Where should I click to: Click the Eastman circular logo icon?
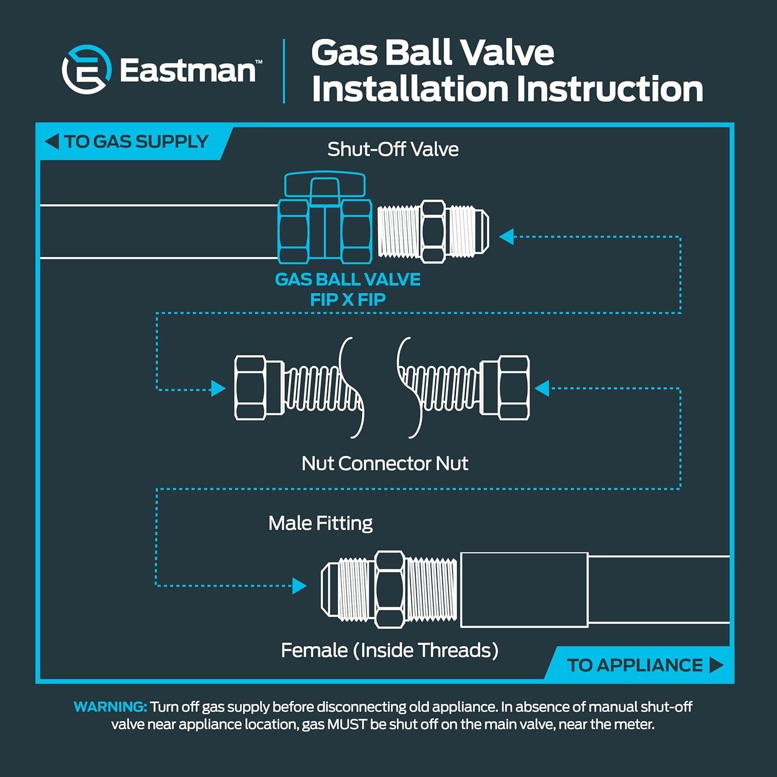(x=87, y=69)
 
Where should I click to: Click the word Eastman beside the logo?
(x=188, y=70)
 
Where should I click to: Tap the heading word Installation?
(x=408, y=89)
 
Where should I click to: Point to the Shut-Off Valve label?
(x=393, y=149)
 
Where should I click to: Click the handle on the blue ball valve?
(x=325, y=184)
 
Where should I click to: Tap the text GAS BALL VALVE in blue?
(x=347, y=280)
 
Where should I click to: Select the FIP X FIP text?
(x=348, y=299)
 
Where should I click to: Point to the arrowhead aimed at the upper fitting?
(x=506, y=237)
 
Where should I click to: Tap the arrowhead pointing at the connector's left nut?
(x=219, y=388)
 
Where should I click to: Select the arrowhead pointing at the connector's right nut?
(x=542, y=388)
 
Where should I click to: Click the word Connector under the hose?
(x=384, y=463)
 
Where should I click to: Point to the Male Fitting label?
(x=320, y=523)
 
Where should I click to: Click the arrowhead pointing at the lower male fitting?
(x=299, y=586)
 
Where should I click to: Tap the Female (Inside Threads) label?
(x=390, y=650)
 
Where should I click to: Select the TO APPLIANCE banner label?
(x=635, y=665)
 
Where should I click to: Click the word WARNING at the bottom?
(x=110, y=707)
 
